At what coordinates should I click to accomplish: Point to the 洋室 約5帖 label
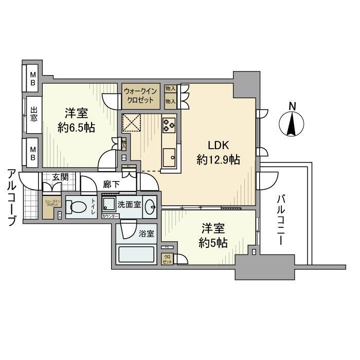pyautogui.click(x=213, y=236)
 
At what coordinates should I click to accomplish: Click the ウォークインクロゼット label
pyautogui.click(x=140, y=95)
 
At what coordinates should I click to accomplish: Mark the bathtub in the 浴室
pyautogui.click(x=137, y=255)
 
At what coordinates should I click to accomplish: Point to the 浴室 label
pyautogui.click(x=146, y=233)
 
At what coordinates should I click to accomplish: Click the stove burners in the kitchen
pyautogui.click(x=169, y=124)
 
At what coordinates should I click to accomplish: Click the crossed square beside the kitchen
pyautogui.click(x=131, y=124)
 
